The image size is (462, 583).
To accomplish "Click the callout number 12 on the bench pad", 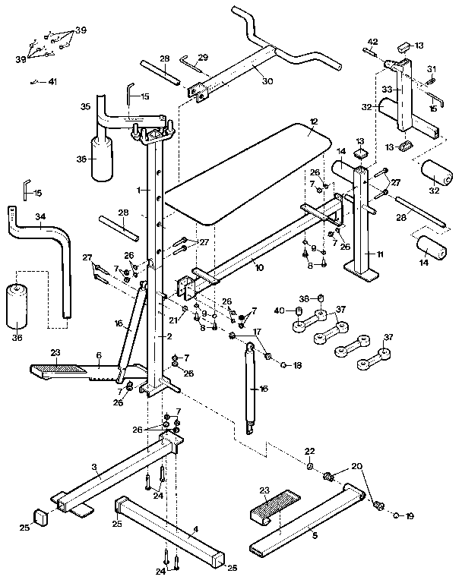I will pos(314,121).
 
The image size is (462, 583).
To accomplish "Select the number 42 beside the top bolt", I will pos(372,42).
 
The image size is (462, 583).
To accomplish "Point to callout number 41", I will pos(51,81).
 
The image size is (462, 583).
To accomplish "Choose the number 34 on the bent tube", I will pos(40,216).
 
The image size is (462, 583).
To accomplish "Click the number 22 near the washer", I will pos(309,451).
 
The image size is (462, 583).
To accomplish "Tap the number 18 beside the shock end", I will pos(297,365).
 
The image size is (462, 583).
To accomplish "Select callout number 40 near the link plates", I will pos(278,310).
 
